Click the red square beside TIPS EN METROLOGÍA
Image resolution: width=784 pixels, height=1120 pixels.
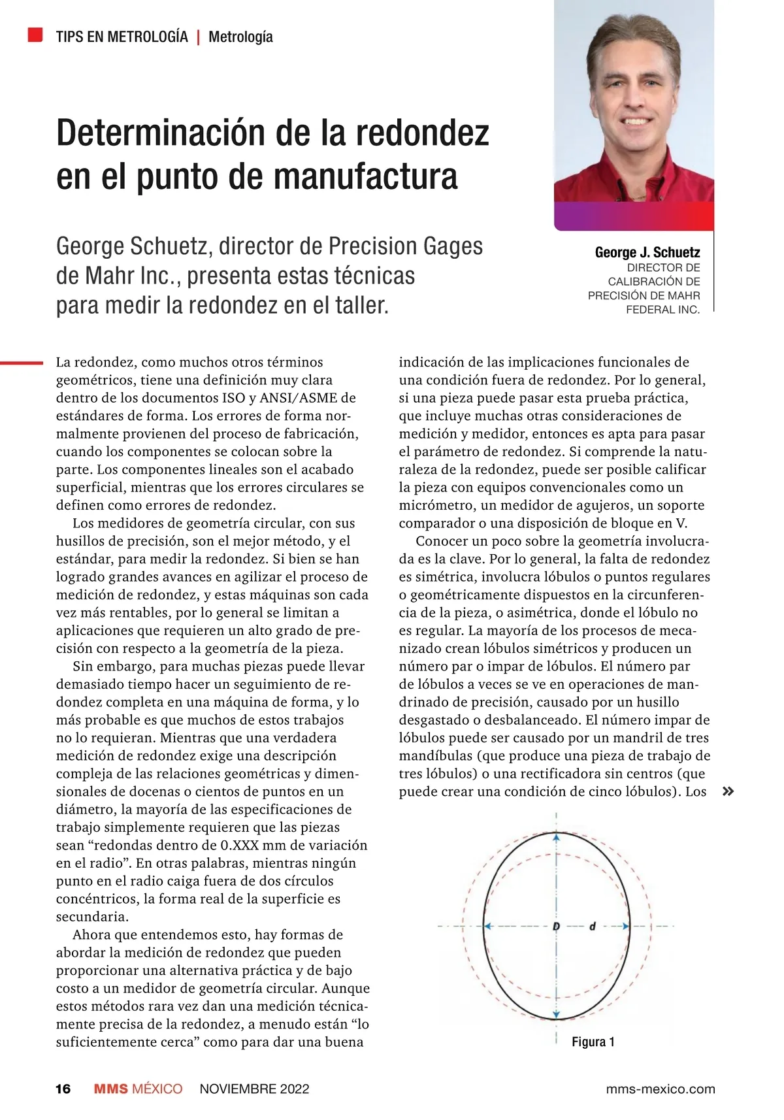[x=35, y=35]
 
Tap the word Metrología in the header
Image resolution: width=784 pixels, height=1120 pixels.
[x=240, y=37]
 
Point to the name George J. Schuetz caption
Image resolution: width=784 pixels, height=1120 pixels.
[x=647, y=252]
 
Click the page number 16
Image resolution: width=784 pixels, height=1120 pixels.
[x=63, y=1089]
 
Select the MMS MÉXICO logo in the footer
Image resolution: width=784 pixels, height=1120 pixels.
[x=138, y=1089]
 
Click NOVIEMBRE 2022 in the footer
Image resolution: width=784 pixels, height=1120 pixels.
[x=254, y=1089]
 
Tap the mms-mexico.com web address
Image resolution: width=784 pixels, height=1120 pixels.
[x=661, y=1089]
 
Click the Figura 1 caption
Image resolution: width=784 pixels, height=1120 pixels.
[x=593, y=1042]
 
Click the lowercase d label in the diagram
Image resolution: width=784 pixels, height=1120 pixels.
[x=593, y=926]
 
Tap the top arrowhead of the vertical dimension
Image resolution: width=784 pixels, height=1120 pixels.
[x=556, y=836]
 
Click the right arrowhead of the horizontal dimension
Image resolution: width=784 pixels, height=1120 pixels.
[x=625, y=926]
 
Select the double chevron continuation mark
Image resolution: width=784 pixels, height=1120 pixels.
[x=728, y=791]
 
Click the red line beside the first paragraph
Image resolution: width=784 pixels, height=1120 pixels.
[x=22, y=362]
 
